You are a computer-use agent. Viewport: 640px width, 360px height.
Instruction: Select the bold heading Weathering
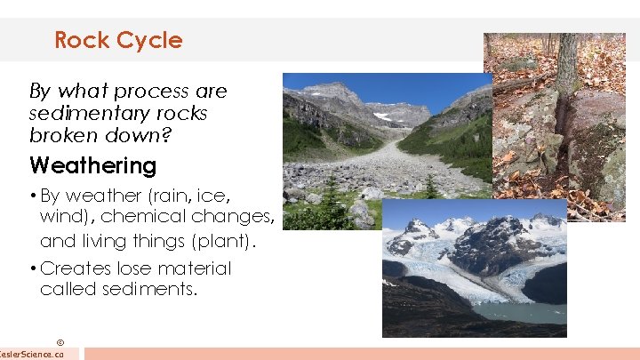(92, 165)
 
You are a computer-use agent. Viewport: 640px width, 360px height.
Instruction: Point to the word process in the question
(150, 91)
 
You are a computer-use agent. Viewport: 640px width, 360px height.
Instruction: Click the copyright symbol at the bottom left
(60, 342)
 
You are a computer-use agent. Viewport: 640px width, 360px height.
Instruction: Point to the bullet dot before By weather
(33, 196)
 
